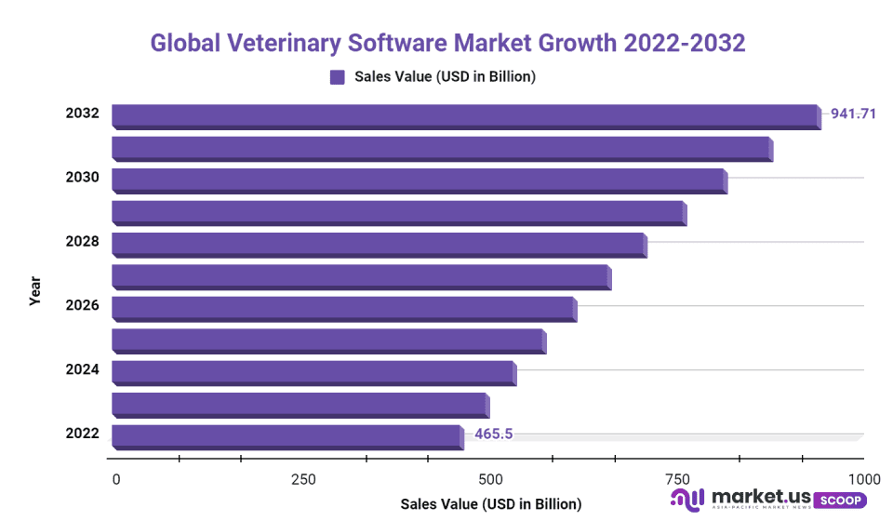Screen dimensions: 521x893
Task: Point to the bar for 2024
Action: click(x=313, y=372)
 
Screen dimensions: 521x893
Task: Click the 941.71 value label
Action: click(x=853, y=114)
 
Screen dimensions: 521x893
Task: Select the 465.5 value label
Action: click(x=494, y=434)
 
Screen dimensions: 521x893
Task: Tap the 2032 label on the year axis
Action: click(x=82, y=114)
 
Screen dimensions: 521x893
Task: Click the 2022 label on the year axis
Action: click(x=82, y=433)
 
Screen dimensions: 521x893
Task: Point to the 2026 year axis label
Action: click(x=82, y=305)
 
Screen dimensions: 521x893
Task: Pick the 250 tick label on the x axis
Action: click(x=303, y=479)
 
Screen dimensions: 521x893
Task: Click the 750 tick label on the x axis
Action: click(x=677, y=479)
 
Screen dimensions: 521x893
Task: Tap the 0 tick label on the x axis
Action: click(x=116, y=479)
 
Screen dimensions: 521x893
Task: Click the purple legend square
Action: click(x=338, y=77)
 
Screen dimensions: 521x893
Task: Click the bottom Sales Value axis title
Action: click(x=490, y=504)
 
